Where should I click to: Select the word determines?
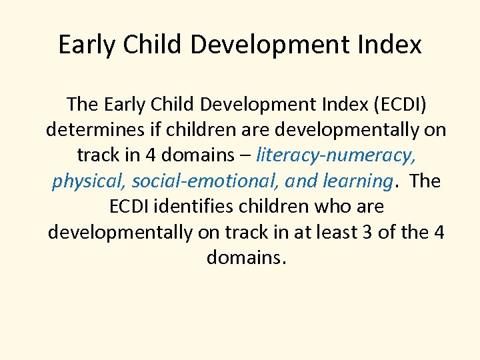pyautogui.click(x=87, y=129)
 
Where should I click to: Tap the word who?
pyautogui.click(x=333, y=207)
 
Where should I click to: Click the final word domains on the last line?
pyautogui.click(x=246, y=257)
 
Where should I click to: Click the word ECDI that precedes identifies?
pyautogui.click(x=131, y=207)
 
